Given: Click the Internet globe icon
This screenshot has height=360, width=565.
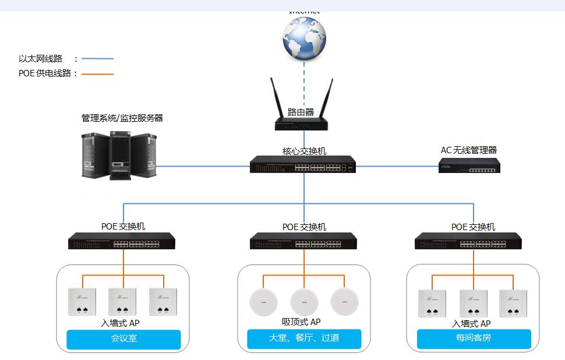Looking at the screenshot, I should (x=303, y=38).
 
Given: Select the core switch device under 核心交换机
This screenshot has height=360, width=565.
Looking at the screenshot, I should (x=303, y=165).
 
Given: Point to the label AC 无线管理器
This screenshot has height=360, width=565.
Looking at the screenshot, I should (x=468, y=150).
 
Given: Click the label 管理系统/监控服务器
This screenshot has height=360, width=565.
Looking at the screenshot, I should (x=122, y=118).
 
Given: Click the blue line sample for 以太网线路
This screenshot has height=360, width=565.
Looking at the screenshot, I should (x=97, y=59).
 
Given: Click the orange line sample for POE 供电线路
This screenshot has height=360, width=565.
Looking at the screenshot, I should (x=97, y=74).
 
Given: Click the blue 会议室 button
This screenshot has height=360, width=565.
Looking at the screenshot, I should (x=123, y=339).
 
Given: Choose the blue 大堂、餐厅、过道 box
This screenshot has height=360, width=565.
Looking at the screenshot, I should (x=304, y=339).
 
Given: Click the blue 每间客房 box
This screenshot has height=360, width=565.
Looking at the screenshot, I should (x=474, y=339).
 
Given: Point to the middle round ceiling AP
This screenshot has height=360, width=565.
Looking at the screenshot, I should (x=304, y=302).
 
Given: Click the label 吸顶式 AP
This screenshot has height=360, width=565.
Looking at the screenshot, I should (x=301, y=322).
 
